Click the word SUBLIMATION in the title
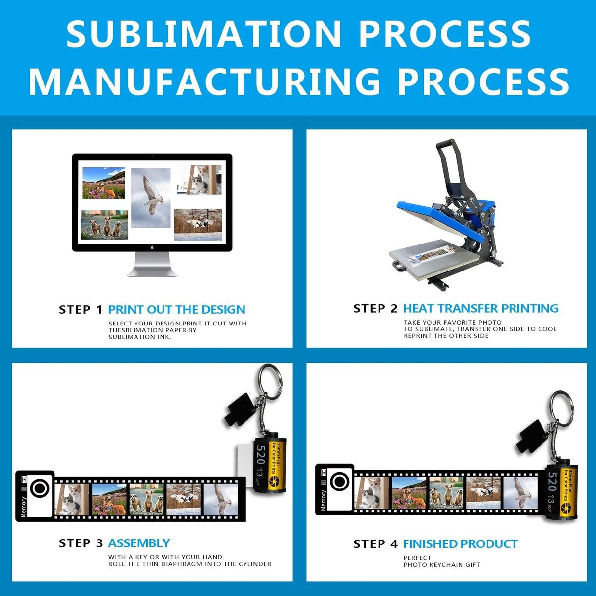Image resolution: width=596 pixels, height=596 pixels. point(203,34)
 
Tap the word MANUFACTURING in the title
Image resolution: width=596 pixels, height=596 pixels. point(205,81)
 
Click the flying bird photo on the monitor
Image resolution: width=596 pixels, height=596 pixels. point(151,197)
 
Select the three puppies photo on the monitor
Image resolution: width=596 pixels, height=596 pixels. point(105,225)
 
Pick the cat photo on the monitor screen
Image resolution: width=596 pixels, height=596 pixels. point(200,180)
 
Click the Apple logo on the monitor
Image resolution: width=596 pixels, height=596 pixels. point(152,247)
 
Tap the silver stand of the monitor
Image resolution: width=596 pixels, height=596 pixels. point(152,265)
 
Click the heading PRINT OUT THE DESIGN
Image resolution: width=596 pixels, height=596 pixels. point(177,310)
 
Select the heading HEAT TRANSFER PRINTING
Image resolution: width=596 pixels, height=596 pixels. point(481,309)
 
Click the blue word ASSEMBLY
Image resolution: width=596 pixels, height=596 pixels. point(139,543)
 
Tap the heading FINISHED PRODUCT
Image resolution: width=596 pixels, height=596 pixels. point(460,544)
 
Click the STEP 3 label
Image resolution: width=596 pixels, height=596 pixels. point(81,543)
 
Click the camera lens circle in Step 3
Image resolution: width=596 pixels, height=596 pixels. point(40,488)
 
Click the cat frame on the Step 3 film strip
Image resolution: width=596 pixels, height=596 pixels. point(72,499)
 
